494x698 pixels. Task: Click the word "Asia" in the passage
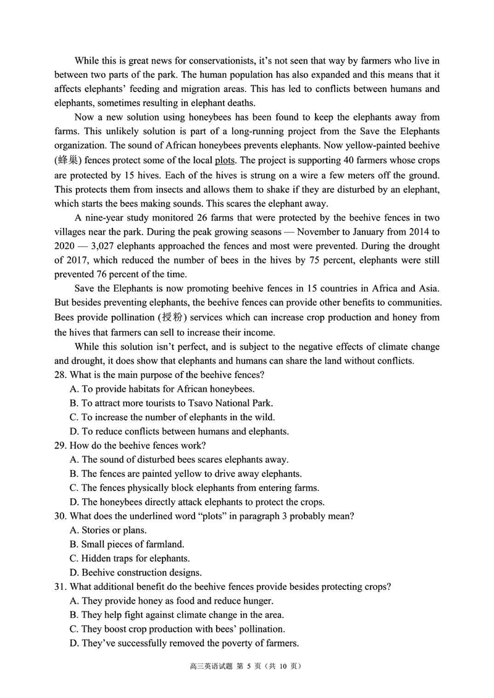[427, 288]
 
